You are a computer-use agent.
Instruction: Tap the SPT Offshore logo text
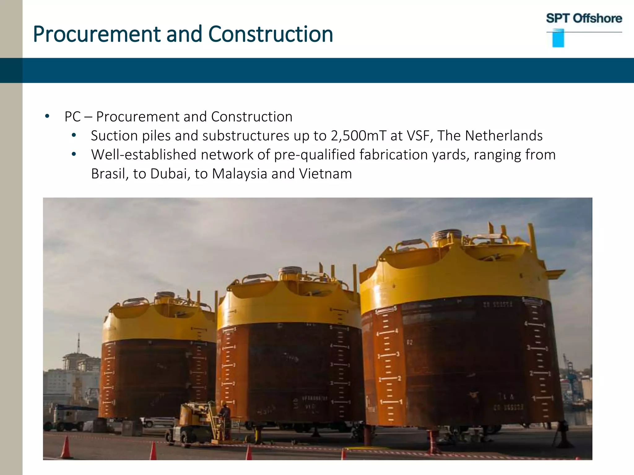click(584, 18)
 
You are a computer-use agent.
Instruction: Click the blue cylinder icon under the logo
click(558, 38)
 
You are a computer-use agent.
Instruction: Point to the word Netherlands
click(504, 136)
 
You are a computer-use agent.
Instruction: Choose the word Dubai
click(169, 174)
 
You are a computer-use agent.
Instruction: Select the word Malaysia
click(239, 174)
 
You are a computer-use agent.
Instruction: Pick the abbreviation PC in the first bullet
click(72, 117)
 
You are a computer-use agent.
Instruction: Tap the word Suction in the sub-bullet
click(114, 136)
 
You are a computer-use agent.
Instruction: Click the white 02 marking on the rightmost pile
click(409, 342)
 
